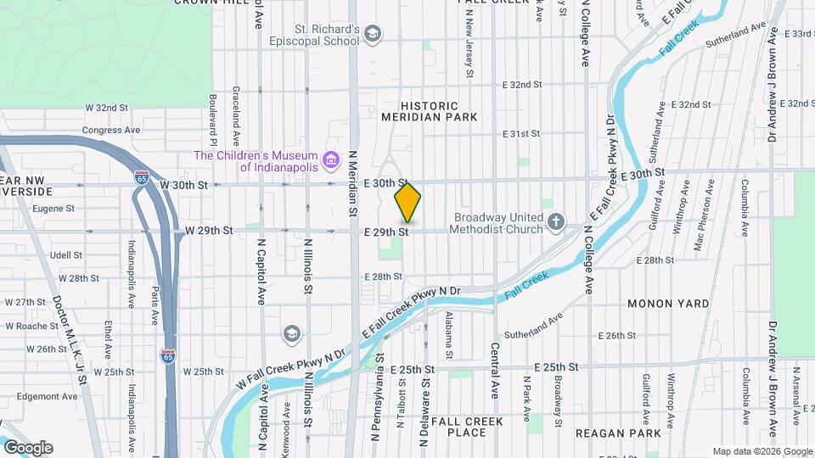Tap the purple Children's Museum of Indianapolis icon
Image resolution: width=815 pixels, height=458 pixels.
click(x=331, y=160)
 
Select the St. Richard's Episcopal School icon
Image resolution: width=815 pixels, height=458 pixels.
click(x=372, y=34)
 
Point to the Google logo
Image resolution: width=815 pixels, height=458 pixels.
click(x=28, y=448)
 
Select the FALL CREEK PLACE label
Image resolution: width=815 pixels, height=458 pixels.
click(x=467, y=427)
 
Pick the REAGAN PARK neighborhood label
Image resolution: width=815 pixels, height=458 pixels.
click(x=617, y=433)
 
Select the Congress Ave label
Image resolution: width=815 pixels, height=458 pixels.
click(x=110, y=131)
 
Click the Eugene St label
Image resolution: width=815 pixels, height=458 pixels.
click(x=53, y=208)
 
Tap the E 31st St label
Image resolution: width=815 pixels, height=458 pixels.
click(x=521, y=134)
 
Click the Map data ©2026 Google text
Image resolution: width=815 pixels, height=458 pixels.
click(x=762, y=451)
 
